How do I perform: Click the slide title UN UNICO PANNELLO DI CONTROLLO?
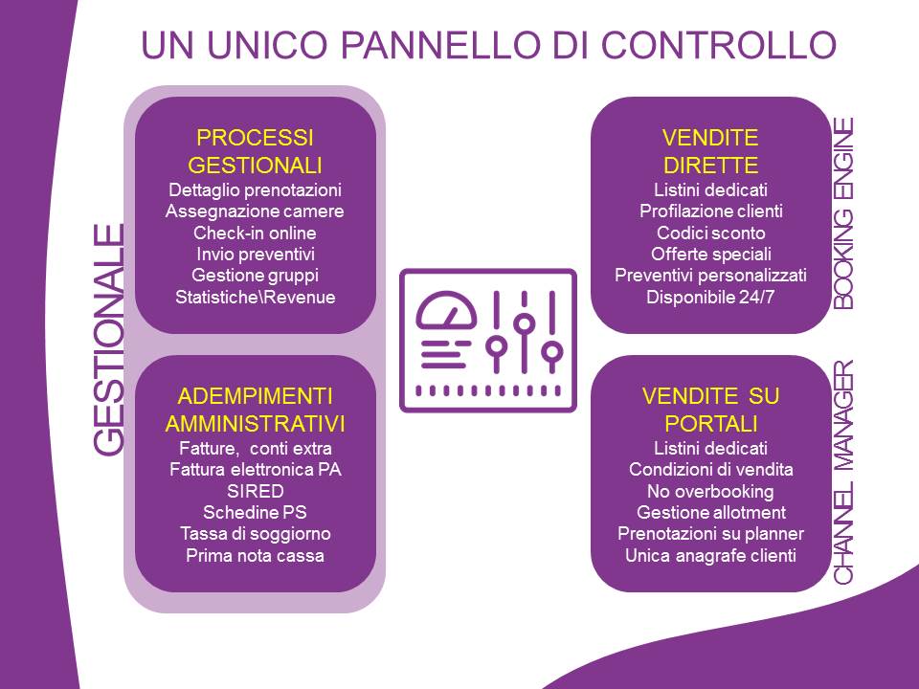click(x=488, y=44)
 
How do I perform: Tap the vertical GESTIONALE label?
click(x=109, y=340)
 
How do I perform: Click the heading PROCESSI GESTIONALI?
click(x=255, y=151)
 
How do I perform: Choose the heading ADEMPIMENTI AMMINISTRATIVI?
click(x=255, y=410)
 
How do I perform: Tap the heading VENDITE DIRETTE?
click(x=710, y=151)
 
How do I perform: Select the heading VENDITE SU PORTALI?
click(x=710, y=410)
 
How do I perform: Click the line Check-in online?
click(x=255, y=233)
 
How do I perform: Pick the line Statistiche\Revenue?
click(x=255, y=297)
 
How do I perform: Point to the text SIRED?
click(x=255, y=491)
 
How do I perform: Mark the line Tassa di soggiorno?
click(x=255, y=534)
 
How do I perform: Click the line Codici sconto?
click(x=710, y=233)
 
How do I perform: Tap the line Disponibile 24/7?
click(x=710, y=297)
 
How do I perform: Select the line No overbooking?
click(x=710, y=491)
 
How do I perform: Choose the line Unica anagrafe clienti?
click(x=710, y=555)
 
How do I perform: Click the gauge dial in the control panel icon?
click(x=446, y=311)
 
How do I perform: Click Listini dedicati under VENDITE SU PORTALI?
click(x=710, y=448)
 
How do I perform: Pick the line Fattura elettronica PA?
click(x=255, y=469)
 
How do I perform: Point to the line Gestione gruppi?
click(x=255, y=276)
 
